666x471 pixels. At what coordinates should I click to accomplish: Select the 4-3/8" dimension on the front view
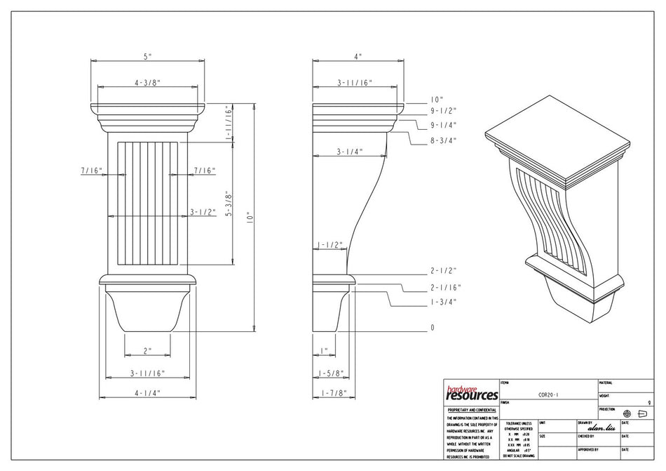[147, 82]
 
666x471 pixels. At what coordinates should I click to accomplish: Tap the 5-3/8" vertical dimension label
[228, 204]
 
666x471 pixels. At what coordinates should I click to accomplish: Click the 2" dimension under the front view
[147, 350]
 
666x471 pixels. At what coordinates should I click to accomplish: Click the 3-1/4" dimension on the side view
[349, 151]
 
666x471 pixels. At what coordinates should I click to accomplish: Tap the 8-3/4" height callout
[443, 140]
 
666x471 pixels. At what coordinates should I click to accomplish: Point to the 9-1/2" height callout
[443, 111]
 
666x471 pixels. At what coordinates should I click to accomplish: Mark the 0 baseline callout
[433, 327]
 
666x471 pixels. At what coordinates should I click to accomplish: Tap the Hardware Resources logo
[471, 393]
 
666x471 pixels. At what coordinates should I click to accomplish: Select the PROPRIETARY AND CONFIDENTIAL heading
[471, 409]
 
